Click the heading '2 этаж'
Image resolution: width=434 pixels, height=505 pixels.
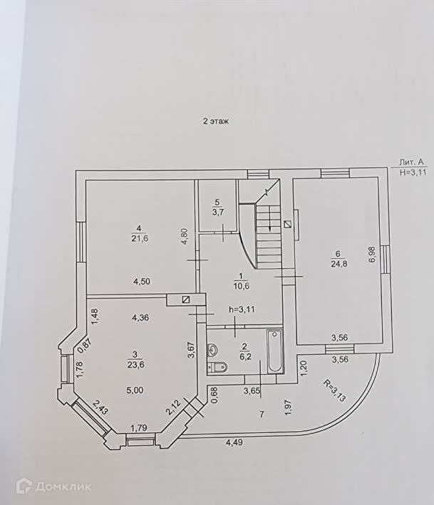(215, 122)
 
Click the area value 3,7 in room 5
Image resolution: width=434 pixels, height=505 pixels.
(217, 211)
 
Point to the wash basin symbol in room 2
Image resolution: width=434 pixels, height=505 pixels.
(213, 349)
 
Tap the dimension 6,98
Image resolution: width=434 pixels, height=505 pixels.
(371, 255)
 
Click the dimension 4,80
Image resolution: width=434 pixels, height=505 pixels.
(184, 236)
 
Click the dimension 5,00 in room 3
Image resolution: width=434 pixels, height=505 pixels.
(135, 390)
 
